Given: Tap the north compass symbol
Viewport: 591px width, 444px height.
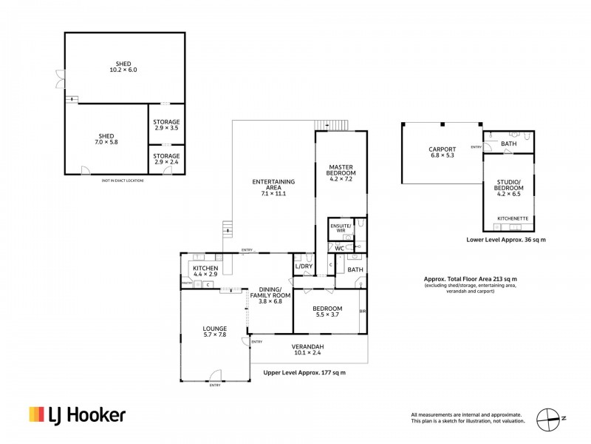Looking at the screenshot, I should pos(550,418).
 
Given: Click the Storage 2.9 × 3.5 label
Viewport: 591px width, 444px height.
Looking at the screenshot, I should pos(166,125).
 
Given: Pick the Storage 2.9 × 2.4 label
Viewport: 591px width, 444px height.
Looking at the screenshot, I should pos(166,159).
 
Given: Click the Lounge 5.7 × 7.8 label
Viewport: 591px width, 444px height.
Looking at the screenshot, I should pos(215,331).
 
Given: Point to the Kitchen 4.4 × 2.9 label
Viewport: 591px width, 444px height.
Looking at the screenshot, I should pos(205,271).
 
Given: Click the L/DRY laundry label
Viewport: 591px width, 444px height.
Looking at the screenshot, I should pos(304,266).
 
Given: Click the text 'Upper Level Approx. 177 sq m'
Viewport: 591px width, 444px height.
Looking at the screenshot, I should pos(304,372).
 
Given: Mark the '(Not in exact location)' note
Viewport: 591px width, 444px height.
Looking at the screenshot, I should pos(123,180).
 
